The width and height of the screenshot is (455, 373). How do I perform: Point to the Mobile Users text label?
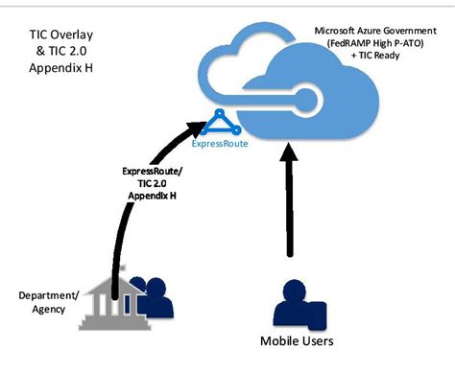pyautogui.click(x=298, y=340)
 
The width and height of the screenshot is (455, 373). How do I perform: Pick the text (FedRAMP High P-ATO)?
pyautogui.click(x=376, y=43)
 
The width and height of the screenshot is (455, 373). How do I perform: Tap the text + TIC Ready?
pyautogui.click(x=376, y=57)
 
